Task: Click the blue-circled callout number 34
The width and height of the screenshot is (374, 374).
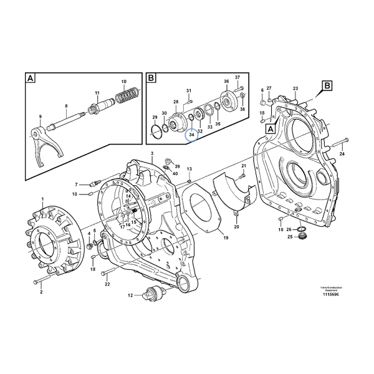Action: (192, 135)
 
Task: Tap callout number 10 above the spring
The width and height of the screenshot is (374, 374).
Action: (123, 82)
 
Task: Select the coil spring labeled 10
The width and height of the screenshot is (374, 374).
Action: (128, 97)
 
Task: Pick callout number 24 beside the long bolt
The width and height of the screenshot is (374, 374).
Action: (342, 153)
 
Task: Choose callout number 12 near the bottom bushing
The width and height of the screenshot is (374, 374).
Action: (130, 294)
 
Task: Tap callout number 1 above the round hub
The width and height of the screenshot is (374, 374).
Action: (42, 199)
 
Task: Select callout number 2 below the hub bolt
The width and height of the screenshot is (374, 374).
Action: (41, 292)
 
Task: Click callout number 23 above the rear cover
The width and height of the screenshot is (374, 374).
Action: (295, 89)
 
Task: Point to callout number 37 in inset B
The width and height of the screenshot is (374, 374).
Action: (237, 77)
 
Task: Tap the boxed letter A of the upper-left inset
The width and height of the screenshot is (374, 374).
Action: (30, 78)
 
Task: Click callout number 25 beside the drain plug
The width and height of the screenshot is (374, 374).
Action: (289, 237)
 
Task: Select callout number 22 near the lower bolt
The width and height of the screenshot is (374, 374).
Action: (107, 284)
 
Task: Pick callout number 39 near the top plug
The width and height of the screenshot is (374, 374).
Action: (177, 167)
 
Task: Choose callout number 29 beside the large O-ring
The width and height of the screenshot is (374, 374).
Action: (155, 117)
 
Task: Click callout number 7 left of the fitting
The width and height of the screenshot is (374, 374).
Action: (77, 185)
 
